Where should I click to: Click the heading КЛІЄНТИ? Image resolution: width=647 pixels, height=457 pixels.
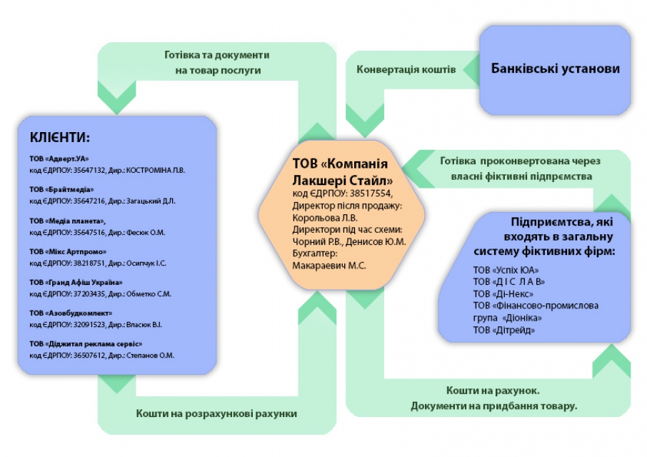60,137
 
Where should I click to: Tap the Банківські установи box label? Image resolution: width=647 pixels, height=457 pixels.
555,69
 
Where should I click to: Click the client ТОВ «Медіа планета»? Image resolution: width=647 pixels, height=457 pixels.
68,221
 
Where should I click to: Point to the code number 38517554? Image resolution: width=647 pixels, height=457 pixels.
371,194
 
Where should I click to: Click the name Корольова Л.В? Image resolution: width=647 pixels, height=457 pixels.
325,218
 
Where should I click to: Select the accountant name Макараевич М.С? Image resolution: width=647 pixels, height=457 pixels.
329,266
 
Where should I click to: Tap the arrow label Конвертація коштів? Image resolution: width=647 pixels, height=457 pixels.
406,70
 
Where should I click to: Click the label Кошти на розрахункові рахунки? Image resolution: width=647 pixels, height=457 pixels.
216,413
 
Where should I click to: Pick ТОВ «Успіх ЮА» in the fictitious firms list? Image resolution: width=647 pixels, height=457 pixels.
504,271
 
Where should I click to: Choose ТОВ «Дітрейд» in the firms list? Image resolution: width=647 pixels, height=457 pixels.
504,330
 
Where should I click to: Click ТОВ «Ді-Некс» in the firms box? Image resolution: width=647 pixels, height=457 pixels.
503,294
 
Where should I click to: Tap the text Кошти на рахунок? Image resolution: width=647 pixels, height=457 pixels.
493,391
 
